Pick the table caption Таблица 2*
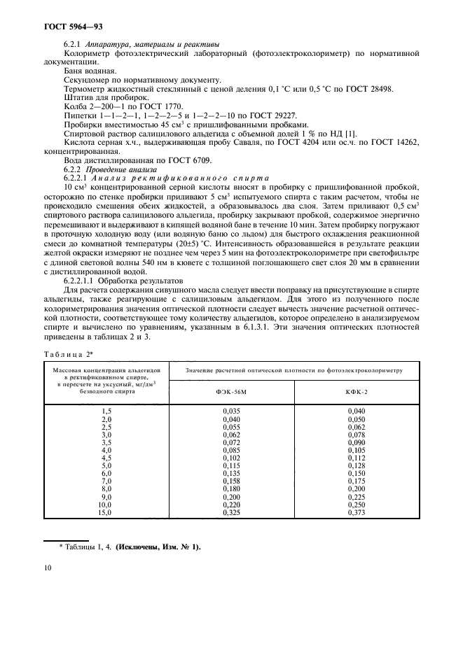click(67, 355)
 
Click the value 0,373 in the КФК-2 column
click(356, 513)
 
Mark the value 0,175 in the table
click(356, 481)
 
